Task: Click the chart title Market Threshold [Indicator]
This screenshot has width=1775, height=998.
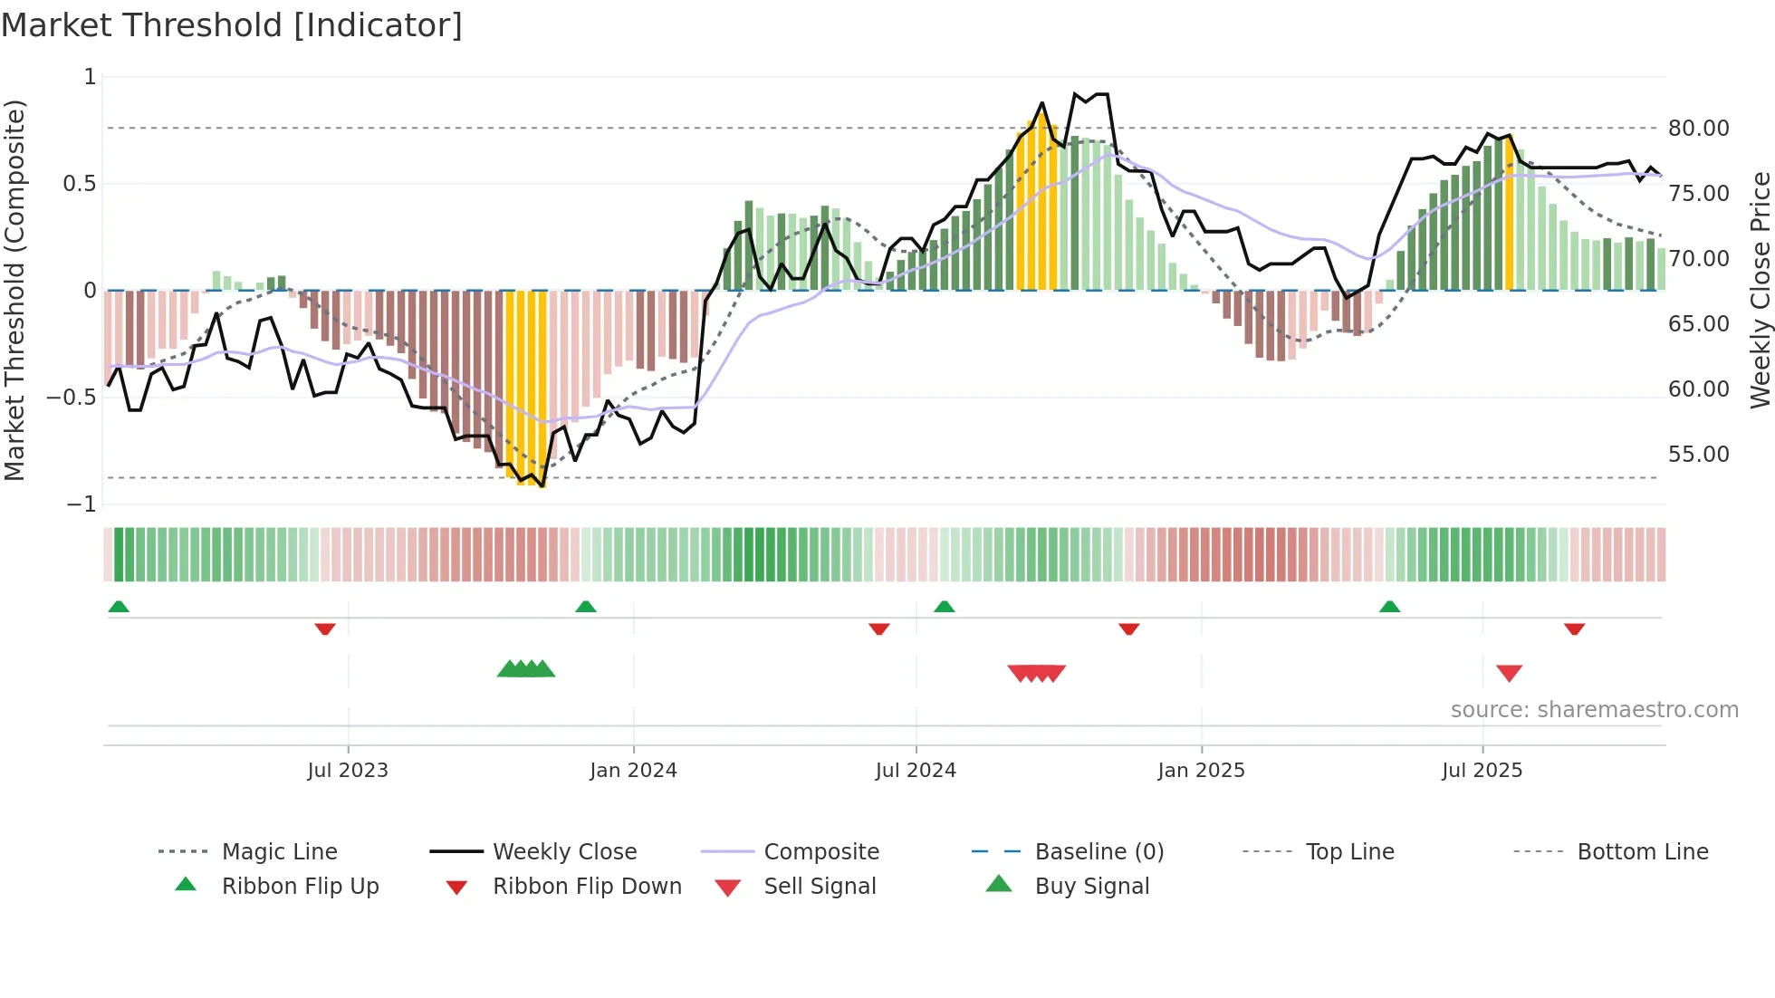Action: tap(232, 25)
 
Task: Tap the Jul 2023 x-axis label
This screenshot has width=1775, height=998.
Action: tap(348, 771)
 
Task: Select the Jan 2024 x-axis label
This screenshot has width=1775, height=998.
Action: tap(633, 771)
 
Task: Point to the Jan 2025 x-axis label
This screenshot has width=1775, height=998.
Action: tap(1201, 771)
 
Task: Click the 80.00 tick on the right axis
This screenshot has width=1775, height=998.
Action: tap(1698, 129)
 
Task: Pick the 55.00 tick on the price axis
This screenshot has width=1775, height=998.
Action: tap(1698, 455)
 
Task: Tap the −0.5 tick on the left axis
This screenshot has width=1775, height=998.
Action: tap(72, 398)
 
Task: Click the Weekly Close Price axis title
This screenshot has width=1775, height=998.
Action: tap(1760, 290)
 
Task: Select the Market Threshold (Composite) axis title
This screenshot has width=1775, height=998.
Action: tap(14, 290)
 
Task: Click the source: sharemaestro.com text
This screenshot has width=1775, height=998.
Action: tap(1594, 710)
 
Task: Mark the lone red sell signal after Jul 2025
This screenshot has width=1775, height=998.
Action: tap(1509, 673)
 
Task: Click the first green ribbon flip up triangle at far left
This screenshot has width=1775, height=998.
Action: tap(119, 607)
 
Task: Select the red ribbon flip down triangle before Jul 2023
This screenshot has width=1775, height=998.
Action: tap(325, 629)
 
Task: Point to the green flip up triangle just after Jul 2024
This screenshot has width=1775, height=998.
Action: tap(945, 607)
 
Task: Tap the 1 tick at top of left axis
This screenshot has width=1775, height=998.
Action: tap(90, 77)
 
